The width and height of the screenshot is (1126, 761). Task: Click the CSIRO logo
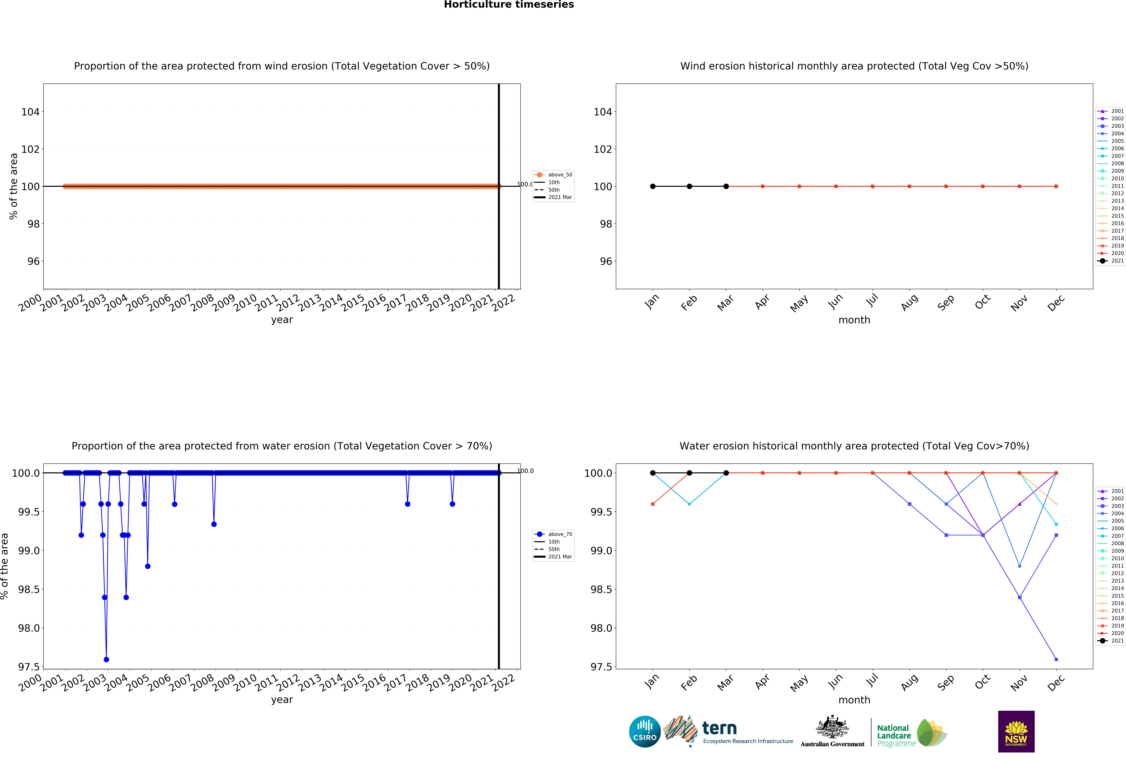(x=644, y=731)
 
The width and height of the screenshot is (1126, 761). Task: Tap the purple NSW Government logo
(x=1016, y=731)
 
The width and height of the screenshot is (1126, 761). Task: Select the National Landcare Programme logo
(x=911, y=732)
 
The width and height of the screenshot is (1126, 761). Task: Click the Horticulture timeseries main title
(x=509, y=5)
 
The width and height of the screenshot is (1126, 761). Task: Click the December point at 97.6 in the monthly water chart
(x=1056, y=659)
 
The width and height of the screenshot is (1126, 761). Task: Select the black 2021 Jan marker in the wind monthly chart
(x=653, y=187)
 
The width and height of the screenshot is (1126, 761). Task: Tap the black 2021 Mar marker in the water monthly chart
(x=726, y=473)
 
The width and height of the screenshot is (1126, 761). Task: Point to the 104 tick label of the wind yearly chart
(x=30, y=112)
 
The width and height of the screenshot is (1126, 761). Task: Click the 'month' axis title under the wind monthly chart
(x=854, y=320)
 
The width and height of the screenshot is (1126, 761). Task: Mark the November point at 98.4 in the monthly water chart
(x=1019, y=597)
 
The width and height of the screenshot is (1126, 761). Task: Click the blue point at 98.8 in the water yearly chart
(x=148, y=566)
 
